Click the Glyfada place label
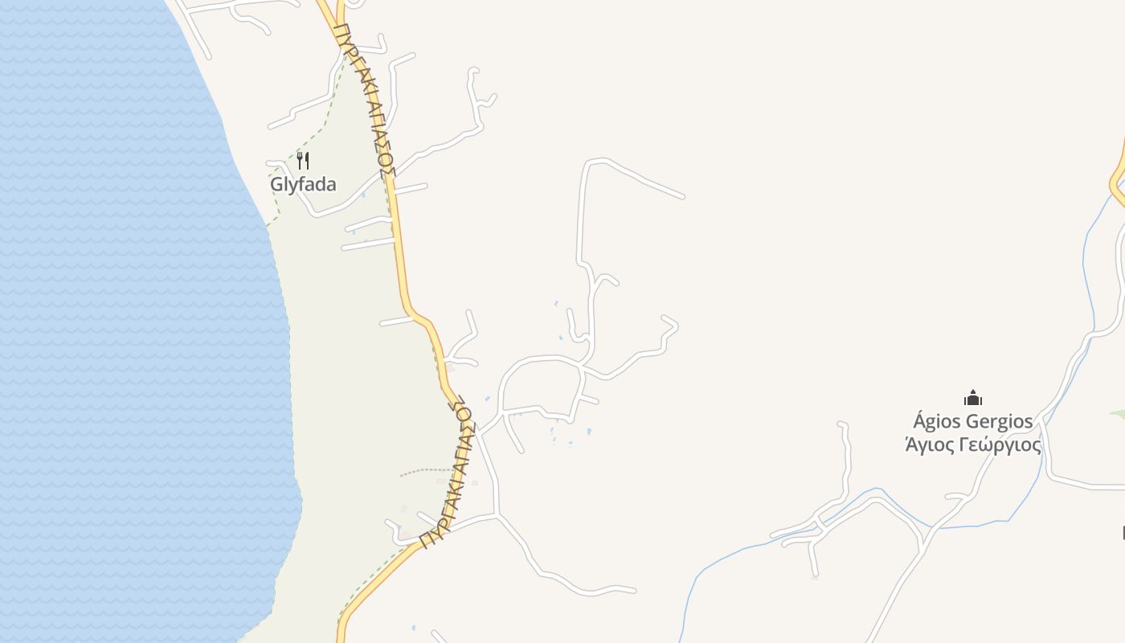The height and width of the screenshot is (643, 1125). pos(303,184)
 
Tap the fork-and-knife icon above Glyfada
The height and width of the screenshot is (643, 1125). pos(303,161)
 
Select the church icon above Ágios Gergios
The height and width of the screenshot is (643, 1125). pos(973,398)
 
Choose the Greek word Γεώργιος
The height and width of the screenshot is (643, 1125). pos(1001,445)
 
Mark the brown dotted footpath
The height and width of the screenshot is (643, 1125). pos(426,471)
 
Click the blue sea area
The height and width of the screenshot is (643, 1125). pos(121,321)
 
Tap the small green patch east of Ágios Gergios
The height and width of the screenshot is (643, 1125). pos(1117,415)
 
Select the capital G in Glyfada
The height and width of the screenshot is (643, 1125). pos(276,184)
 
